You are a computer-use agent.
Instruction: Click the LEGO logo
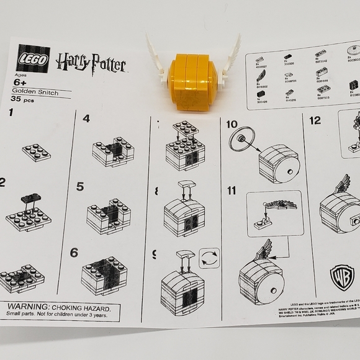pos(33,58)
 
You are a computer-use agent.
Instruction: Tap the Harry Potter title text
pos(91,62)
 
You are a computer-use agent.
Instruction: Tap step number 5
pos(80,186)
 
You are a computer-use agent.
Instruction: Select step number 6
pos(74,253)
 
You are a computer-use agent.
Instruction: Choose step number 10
pos(232,125)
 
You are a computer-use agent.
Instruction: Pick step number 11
pos(232,191)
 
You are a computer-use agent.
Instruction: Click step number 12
pos(315,120)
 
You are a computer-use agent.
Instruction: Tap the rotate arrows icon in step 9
pos(209,258)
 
